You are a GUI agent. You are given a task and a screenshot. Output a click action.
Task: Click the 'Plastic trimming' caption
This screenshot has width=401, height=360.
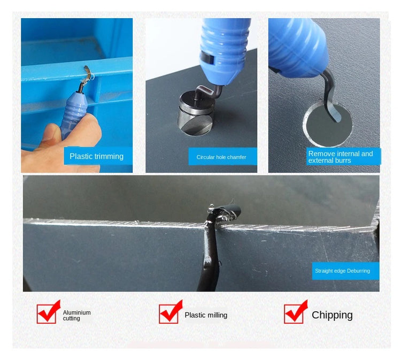96,156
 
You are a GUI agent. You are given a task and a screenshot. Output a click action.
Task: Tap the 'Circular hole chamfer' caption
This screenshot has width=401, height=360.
221,157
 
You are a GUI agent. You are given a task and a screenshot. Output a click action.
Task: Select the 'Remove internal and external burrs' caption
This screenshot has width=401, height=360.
341,157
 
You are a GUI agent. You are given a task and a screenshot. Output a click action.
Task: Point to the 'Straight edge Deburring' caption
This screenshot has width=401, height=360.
342,271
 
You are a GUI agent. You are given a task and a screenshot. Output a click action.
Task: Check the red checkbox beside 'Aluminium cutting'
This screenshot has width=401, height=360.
47,313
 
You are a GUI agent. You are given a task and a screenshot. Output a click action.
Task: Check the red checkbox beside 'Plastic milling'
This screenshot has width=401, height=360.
169,313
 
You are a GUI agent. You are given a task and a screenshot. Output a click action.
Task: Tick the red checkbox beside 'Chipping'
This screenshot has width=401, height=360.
294,313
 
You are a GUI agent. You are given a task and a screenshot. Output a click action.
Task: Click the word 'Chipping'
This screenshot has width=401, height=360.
332,315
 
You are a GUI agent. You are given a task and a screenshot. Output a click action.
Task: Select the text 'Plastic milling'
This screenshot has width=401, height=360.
206,315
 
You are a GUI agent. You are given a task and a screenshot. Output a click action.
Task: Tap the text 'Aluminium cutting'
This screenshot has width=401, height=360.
76,315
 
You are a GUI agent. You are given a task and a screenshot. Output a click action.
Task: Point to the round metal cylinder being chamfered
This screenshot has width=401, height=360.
196,114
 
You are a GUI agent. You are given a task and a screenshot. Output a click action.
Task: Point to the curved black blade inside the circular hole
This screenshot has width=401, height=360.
330,100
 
